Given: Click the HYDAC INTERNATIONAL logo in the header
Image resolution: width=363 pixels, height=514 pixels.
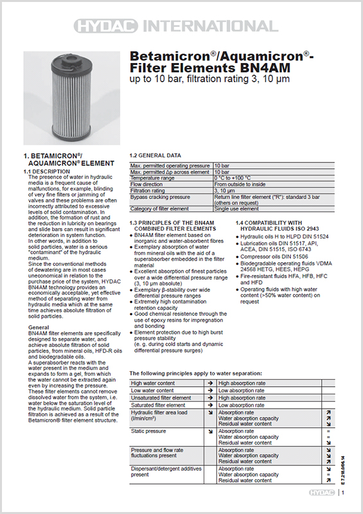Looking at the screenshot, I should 182,26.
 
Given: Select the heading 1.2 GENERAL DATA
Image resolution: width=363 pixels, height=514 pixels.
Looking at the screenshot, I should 155,155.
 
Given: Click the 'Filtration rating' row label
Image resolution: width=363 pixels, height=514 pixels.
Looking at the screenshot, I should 149,191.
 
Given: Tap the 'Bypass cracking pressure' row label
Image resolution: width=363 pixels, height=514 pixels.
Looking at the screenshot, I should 160,197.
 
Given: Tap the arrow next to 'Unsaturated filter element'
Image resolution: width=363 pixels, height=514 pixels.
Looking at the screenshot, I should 209,398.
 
